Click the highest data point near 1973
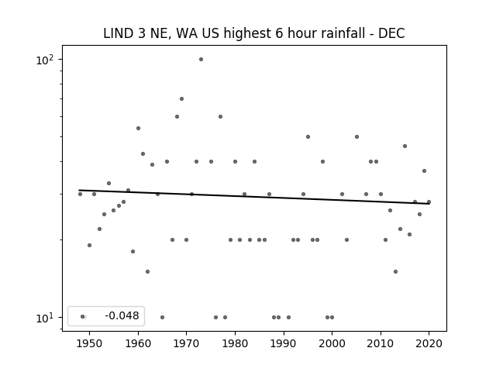[x=201, y=60]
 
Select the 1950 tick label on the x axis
[x=90, y=343]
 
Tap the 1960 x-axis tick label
[x=138, y=343]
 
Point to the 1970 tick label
[x=186, y=343]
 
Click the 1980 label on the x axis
[x=235, y=343]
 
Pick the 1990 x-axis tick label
[x=284, y=343]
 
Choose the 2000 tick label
[x=332, y=343]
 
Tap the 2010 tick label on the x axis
[x=381, y=343]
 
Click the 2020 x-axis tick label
[x=429, y=343]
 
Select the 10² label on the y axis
[x=45, y=60]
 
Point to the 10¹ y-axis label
[x=45, y=318]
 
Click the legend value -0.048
[x=122, y=315]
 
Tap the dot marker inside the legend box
[x=83, y=317]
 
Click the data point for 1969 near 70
[x=181, y=98]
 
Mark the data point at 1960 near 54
[x=138, y=128]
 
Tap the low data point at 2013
[x=395, y=272]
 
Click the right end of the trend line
[x=429, y=204]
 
